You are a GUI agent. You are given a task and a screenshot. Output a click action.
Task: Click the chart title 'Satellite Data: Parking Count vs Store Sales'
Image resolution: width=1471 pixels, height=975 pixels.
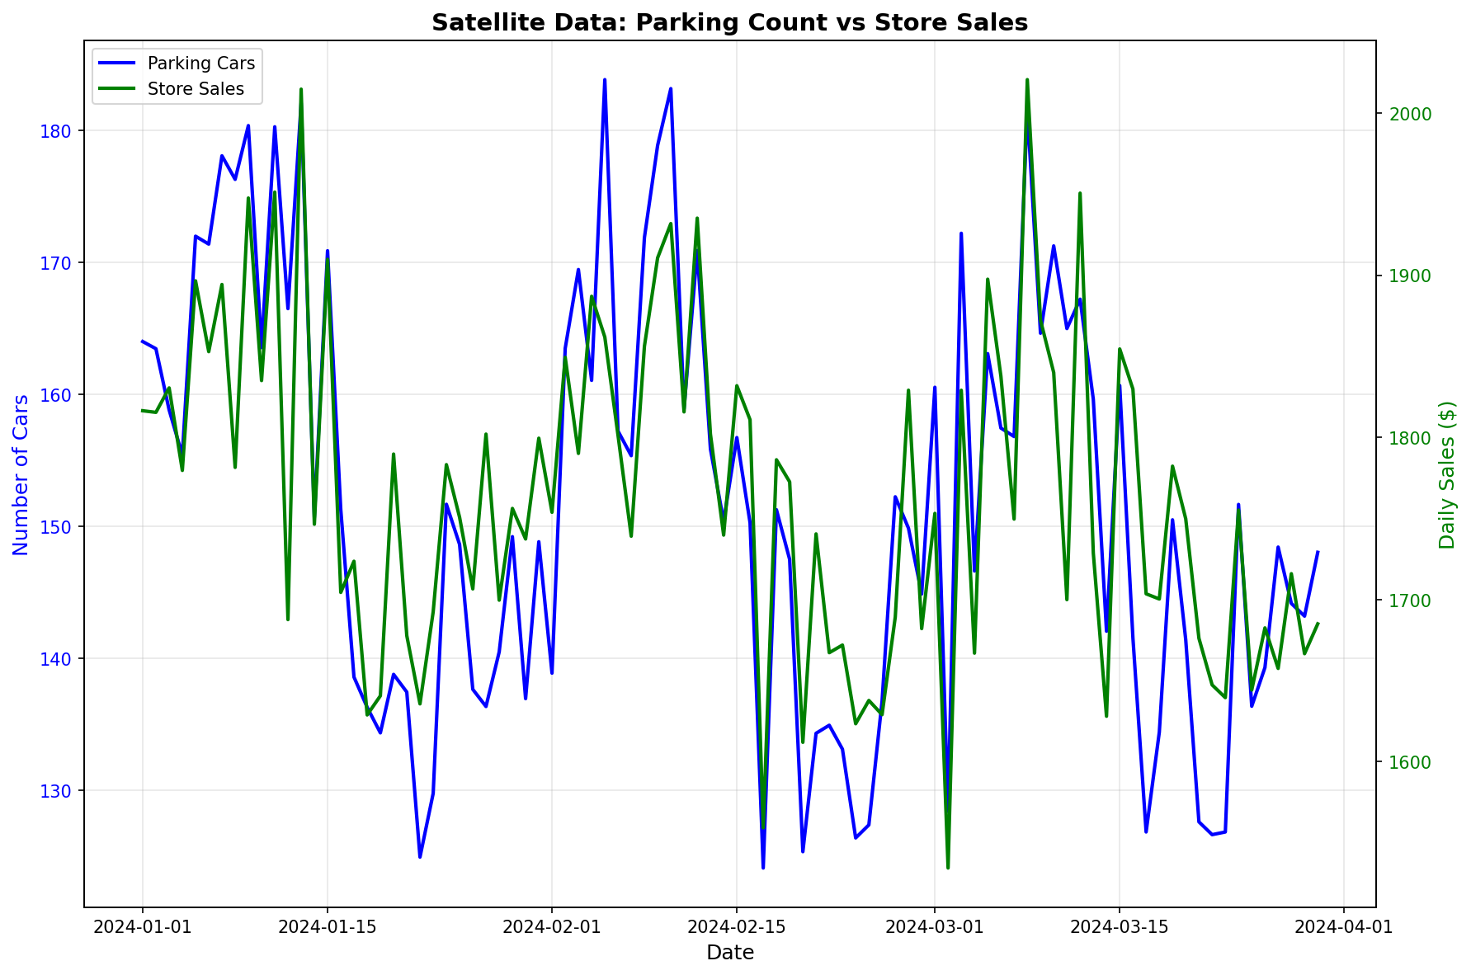(x=729, y=23)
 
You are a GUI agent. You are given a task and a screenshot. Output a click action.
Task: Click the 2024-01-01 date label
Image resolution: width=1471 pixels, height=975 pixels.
(x=143, y=927)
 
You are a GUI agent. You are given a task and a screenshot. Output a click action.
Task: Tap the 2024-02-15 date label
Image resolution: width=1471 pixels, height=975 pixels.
(x=736, y=927)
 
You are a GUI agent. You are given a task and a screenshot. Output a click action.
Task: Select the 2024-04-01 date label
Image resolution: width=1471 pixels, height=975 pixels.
(x=1343, y=927)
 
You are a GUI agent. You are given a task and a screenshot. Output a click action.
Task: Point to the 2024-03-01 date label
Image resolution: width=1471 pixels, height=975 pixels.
(x=934, y=927)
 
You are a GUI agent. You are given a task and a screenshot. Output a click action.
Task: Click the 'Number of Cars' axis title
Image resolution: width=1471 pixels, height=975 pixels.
(x=21, y=474)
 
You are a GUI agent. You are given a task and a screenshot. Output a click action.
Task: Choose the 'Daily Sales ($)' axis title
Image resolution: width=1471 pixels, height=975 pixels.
(x=1447, y=474)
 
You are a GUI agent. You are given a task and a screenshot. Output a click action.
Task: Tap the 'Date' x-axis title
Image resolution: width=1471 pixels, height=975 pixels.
(x=729, y=954)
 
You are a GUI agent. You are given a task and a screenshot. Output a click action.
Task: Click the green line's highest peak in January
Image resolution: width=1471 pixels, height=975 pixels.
(x=301, y=89)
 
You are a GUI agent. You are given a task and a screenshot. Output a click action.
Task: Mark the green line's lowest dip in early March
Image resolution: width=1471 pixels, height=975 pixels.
(x=948, y=868)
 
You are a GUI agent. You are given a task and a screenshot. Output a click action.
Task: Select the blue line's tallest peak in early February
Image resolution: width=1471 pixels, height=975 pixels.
(x=605, y=80)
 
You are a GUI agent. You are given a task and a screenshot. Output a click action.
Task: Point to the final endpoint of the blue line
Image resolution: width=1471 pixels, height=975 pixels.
(x=1318, y=552)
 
